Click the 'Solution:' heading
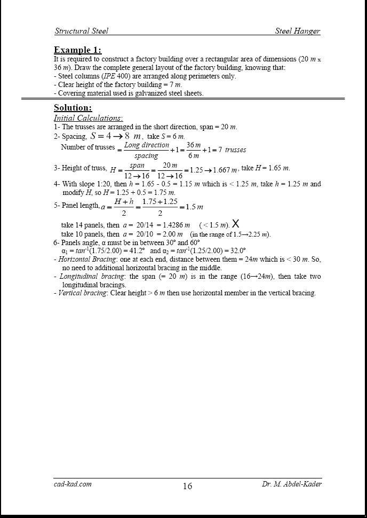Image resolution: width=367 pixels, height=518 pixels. tap(73, 108)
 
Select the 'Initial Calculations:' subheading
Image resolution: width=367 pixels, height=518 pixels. tap(88, 117)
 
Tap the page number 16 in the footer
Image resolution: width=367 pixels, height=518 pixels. tap(187, 486)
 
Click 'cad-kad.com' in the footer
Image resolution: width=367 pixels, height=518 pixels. tap(73, 484)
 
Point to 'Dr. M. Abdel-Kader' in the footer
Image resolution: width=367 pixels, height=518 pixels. tap(292, 484)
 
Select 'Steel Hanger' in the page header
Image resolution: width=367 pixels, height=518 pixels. tap(297, 31)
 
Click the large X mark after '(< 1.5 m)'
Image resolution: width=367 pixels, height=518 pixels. tap(236, 224)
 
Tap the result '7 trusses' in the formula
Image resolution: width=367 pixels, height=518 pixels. tap(229, 150)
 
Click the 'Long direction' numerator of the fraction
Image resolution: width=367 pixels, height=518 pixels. tap(146, 145)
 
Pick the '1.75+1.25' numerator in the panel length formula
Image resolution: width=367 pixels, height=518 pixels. tap(159, 201)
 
